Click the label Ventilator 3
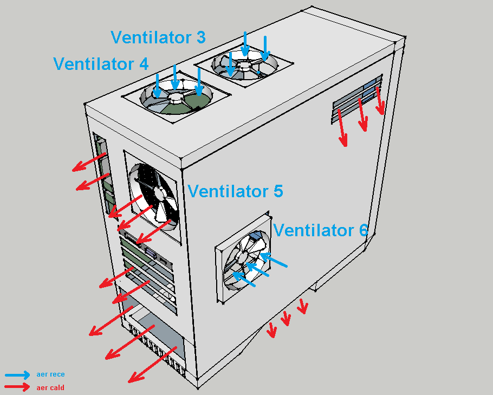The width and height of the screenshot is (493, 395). point(158,37)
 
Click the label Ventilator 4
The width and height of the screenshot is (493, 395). point(101,64)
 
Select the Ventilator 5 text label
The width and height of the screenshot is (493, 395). point(235,191)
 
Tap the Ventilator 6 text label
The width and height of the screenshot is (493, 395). point(320,230)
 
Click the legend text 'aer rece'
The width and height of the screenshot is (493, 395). point(50,374)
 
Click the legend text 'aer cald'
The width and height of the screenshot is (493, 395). point(50,387)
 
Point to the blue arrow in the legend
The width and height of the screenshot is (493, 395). point(17,374)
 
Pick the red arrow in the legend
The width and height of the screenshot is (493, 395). point(17,387)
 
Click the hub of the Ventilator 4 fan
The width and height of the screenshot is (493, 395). point(177,97)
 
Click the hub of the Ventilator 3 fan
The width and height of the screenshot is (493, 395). point(244,65)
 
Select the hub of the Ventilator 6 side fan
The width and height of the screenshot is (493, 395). point(242,256)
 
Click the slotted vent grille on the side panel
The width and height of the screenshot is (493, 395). point(357,99)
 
